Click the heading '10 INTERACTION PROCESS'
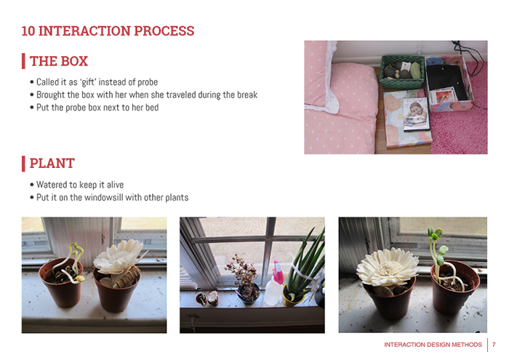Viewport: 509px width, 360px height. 108,31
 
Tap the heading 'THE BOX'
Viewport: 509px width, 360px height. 59,61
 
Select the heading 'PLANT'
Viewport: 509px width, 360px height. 52,164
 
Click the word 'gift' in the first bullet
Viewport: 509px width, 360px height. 88,82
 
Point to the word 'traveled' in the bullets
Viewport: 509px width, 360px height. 181,95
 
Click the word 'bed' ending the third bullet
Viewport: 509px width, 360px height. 152,108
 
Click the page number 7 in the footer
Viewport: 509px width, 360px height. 494,345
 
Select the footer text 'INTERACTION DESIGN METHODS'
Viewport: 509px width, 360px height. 433,345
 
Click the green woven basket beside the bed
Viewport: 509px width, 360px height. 402,72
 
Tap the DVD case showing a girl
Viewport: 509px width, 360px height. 416,114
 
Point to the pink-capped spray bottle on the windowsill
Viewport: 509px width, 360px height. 273,284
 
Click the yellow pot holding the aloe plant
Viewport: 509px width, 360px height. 292,297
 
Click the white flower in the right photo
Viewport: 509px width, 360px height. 388,267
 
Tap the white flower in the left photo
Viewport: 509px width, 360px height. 119,257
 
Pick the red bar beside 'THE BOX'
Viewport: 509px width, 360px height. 23,61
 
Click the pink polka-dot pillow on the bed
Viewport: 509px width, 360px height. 340,107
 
